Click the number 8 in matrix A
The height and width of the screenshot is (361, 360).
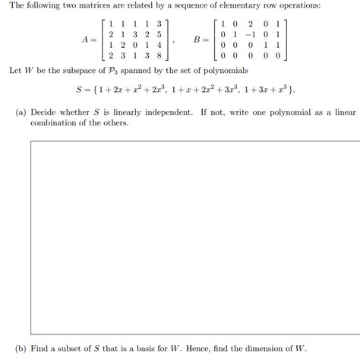(x=158, y=55)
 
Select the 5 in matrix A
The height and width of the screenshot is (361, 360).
(x=158, y=34)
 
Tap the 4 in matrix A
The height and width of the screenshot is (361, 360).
(x=158, y=45)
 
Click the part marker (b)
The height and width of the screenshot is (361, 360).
(x=21, y=348)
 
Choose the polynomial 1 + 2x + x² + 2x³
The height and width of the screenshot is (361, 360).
(x=134, y=90)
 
